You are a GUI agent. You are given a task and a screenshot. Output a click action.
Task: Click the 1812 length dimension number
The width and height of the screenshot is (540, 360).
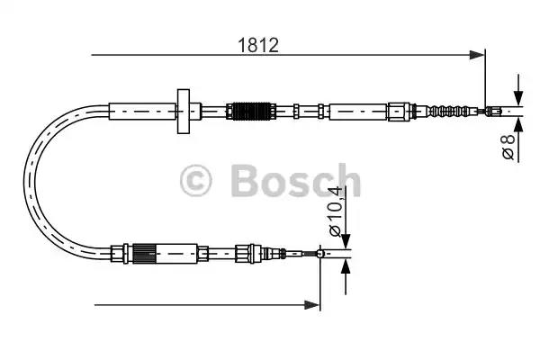(258, 45)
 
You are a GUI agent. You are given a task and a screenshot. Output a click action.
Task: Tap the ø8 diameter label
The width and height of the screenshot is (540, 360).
(508, 147)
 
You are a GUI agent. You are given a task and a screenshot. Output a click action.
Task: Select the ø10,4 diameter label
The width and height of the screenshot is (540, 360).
(335, 211)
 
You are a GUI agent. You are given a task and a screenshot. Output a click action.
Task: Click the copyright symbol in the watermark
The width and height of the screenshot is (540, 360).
(195, 181)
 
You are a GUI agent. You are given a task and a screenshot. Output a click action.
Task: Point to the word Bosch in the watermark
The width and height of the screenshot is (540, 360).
(295, 181)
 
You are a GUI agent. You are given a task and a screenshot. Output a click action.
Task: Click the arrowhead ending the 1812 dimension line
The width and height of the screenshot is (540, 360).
(477, 55)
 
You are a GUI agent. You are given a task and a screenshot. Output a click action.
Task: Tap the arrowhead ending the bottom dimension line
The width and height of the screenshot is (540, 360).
(311, 305)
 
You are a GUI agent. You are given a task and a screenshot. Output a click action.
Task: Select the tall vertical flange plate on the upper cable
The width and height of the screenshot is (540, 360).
(184, 112)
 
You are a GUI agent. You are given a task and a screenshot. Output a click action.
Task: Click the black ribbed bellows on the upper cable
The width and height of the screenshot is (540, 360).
(252, 112)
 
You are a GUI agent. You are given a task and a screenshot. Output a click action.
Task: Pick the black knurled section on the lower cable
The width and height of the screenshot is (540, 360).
(145, 254)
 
